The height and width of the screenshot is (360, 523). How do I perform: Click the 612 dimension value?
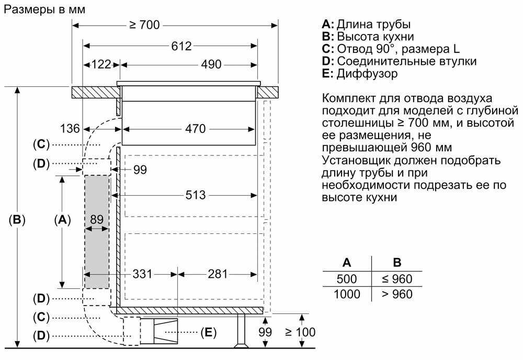[181, 46]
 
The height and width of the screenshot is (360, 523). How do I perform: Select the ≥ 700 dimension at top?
[142, 25]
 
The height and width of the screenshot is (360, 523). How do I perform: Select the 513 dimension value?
[195, 195]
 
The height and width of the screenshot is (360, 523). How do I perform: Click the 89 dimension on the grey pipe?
[97, 220]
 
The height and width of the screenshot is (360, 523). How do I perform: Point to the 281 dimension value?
[218, 274]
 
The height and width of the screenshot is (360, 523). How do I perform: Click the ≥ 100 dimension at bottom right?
[300, 332]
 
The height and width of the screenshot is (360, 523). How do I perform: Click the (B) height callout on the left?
[17, 220]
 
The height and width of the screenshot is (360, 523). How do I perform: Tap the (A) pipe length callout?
[62, 220]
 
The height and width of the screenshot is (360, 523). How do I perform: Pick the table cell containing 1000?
[347, 295]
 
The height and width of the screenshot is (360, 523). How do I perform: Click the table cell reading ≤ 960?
[397, 279]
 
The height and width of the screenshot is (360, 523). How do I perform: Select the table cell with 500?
[347, 279]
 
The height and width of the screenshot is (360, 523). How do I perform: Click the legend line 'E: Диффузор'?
[359, 74]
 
